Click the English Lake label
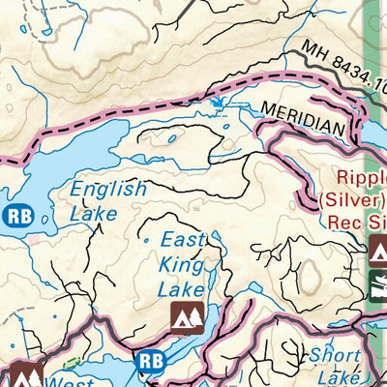[106, 200]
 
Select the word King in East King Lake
[181, 264]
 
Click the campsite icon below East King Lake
[185, 315]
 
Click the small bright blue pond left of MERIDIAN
[218, 102]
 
